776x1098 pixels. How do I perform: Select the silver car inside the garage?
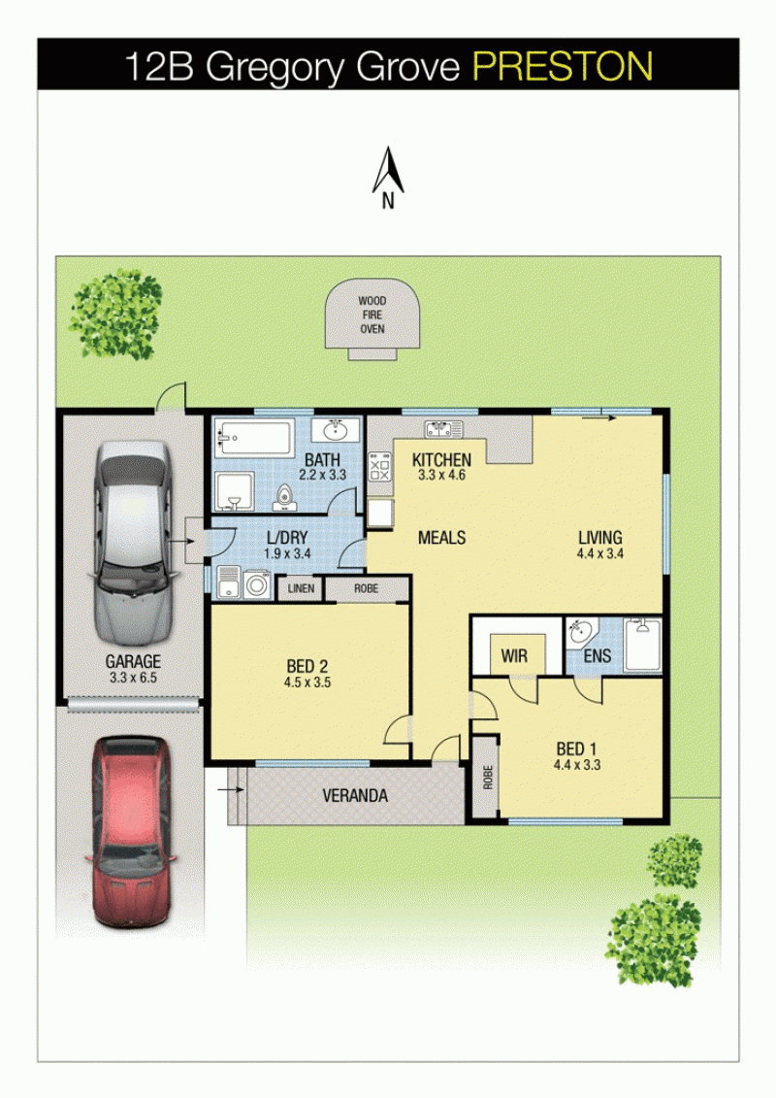(x=132, y=542)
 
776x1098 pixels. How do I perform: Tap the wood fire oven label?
(x=372, y=315)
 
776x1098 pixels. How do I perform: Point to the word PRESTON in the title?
(x=564, y=67)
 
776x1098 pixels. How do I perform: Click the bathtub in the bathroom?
(x=252, y=439)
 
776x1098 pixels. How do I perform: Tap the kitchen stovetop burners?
(x=379, y=466)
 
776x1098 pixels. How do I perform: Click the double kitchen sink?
(x=443, y=428)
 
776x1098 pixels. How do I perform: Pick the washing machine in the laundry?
(x=257, y=584)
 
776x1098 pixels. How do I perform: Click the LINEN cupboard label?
(x=301, y=588)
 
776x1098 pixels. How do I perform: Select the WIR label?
(x=514, y=656)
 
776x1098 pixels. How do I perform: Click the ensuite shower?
(x=642, y=645)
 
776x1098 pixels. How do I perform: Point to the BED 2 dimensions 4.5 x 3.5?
(x=307, y=682)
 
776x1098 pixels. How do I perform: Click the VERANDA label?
(x=355, y=795)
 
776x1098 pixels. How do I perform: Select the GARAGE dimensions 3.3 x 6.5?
(x=133, y=678)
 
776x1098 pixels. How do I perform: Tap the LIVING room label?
(x=600, y=537)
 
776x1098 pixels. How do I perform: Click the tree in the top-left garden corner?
(x=115, y=314)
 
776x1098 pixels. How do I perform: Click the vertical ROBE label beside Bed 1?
(x=488, y=777)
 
